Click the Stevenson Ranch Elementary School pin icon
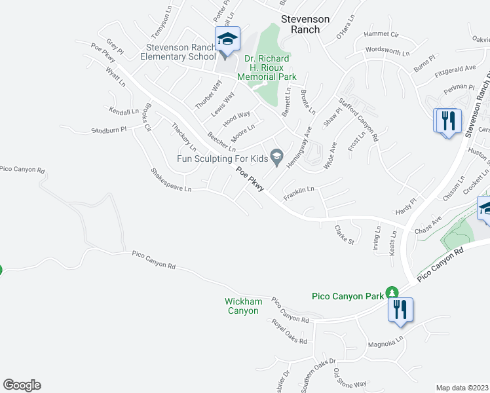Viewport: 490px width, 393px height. coord(227,40)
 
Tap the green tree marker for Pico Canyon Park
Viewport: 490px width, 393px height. coord(392,292)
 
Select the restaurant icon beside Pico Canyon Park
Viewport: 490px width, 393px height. coord(400,309)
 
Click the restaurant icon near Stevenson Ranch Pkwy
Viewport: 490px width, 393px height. coord(448,121)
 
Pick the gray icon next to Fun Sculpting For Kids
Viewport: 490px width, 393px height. coord(277,155)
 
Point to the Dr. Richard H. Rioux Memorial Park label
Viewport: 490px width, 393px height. coord(271,67)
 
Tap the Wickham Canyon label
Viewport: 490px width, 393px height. coord(244,306)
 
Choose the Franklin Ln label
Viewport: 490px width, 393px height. coord(299,193)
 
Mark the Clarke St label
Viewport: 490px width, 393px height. coord(345,235)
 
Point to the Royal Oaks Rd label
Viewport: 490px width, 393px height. coord(289,333)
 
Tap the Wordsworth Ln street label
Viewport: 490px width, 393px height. coord(387,50)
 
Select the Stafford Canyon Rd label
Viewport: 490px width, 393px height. coord(358,119)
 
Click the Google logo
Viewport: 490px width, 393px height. coord(22,384)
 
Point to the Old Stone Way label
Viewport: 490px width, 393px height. coord(349,377)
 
